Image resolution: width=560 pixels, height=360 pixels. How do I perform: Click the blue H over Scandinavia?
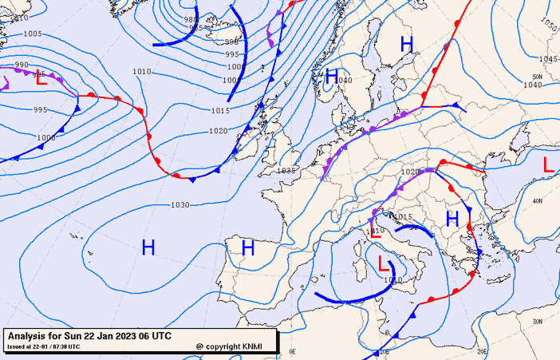click(407, 45)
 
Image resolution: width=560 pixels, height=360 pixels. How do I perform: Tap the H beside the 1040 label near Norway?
click(332, 77)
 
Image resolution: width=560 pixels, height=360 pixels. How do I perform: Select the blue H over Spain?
click(248, 248)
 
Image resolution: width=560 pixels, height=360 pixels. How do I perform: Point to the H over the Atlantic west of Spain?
click(148, 247)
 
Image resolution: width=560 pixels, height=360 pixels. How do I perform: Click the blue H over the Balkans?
click(452, 218)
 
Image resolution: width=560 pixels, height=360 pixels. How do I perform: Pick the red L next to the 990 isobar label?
click(41, 79)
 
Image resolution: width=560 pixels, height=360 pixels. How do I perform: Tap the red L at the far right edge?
click(547, 164)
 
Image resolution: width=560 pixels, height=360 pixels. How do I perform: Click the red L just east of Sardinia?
click(384, 264)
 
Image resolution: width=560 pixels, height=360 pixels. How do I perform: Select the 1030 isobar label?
click(179, 205)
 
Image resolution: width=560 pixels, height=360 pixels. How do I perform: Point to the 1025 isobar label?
click(286, 171)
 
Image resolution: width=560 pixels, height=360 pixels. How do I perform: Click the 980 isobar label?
click(191, 19)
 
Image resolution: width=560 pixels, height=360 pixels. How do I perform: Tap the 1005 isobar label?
click(33, 34)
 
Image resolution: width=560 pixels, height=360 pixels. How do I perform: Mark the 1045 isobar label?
click(548, 59)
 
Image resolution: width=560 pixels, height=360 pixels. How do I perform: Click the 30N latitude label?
click(538, 322)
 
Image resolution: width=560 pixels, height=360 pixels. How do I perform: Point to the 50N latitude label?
click(538, 77)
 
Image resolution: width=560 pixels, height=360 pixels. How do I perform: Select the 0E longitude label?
click(292, 350)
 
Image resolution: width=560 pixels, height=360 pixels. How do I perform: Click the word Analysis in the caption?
click(30, 336)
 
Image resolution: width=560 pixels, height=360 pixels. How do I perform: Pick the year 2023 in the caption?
click(126, 336)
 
